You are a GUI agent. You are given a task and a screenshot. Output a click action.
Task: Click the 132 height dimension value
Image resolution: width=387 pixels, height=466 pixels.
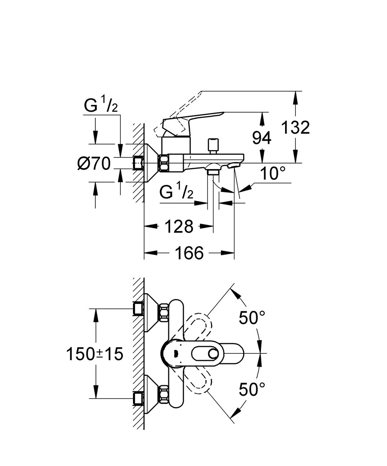pos(295,128)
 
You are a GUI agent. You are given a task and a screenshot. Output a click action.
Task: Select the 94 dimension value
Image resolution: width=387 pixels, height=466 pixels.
pos(261,138)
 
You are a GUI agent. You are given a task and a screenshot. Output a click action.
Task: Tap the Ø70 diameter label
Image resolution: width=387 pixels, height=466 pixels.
pos(94,164)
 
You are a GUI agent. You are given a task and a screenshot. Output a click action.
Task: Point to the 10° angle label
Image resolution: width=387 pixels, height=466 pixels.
pos(273,173)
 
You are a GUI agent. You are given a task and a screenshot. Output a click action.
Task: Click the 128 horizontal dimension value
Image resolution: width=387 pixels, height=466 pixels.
pos(179,226)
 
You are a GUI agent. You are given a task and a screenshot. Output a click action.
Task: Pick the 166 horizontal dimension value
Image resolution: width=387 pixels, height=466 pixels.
pos(189,253)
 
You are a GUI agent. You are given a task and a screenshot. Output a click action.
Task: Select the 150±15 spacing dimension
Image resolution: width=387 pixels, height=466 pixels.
pos(94,354)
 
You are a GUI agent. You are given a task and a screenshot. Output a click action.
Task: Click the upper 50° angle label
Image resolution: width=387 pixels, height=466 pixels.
pos(252,318)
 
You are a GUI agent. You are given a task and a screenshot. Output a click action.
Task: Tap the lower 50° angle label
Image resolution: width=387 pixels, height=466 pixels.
pos(252,389)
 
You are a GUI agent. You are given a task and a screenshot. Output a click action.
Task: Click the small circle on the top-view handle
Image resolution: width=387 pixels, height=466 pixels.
pos(213,354)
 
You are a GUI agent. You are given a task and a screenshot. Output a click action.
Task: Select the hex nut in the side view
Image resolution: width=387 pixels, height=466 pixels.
pos(164,163)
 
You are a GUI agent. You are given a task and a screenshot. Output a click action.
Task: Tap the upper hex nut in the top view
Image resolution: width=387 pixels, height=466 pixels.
pos(164,312)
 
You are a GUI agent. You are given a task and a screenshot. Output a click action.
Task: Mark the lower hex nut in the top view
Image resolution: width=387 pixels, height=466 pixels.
pos(164,394)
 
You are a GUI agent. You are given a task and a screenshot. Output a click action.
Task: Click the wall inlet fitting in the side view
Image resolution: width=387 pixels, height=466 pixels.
pos(138,163)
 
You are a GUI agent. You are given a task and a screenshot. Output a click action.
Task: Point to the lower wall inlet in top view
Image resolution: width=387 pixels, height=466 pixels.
pos(138,398)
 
